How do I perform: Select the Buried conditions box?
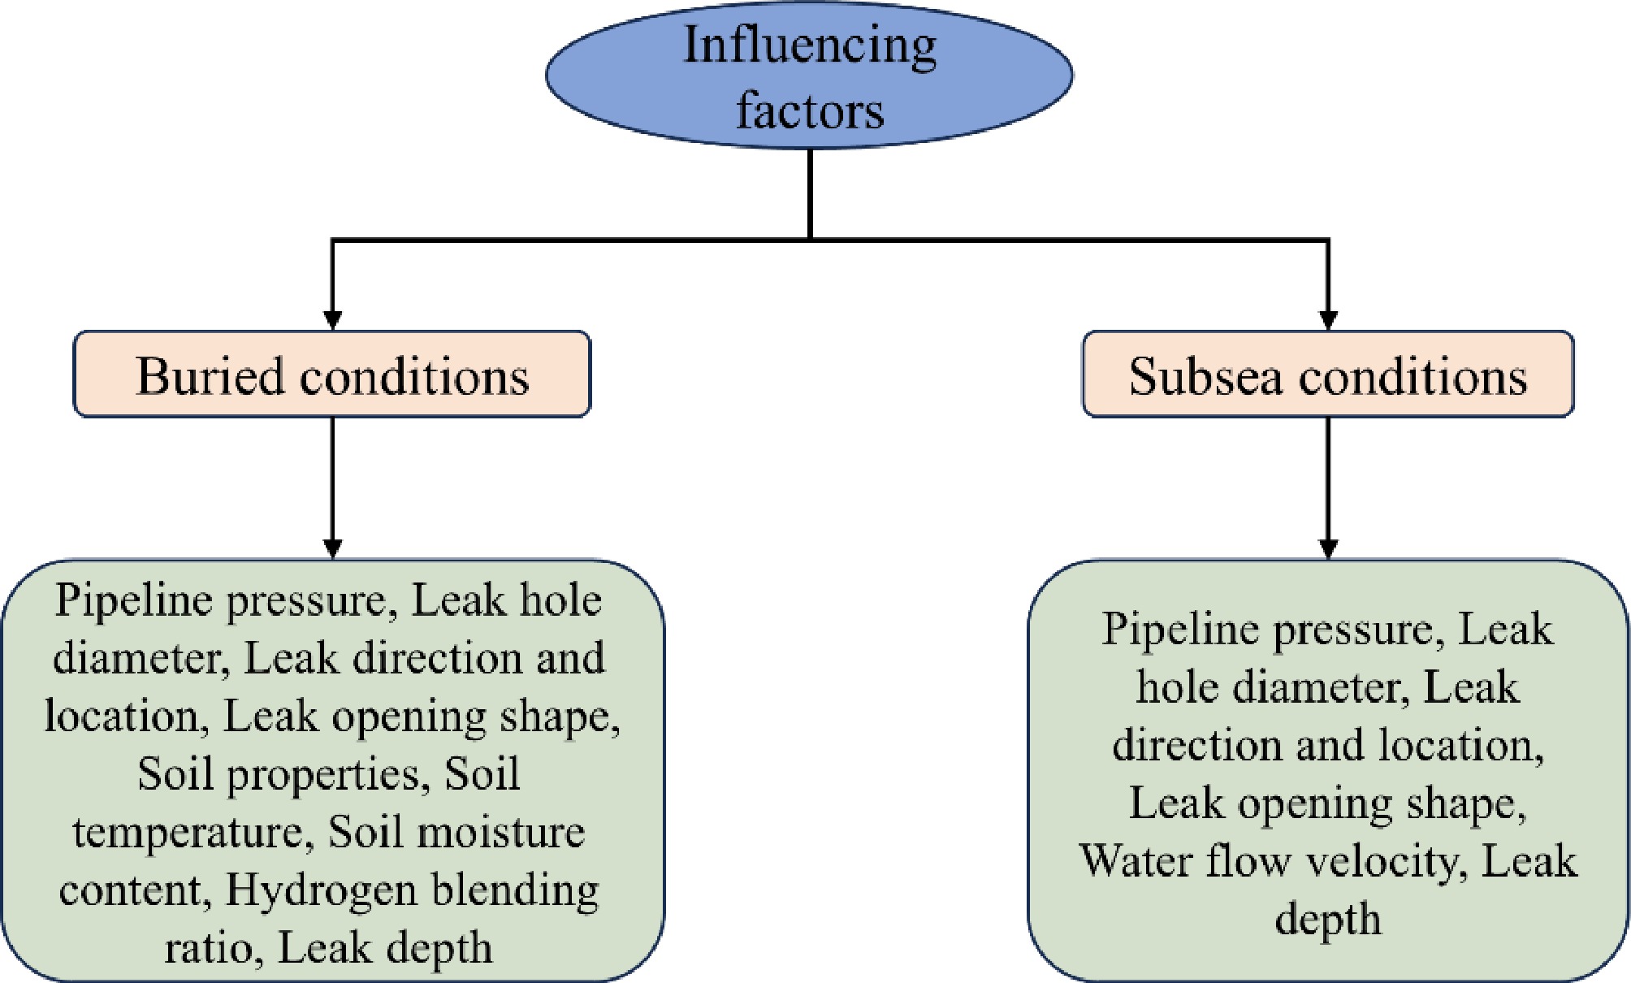tap(332, 375)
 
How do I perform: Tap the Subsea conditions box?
tap(1328, 375)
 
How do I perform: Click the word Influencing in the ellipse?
tap(809, 45)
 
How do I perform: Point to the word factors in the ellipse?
tap(810, 110)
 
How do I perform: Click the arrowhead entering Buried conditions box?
tap(332, 318)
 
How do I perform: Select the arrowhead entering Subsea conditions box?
tap(1328, 318)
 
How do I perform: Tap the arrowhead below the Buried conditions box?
tap(332, 548)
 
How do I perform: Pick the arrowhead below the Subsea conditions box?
tap(1328, 548)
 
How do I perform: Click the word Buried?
tap(211, 376)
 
